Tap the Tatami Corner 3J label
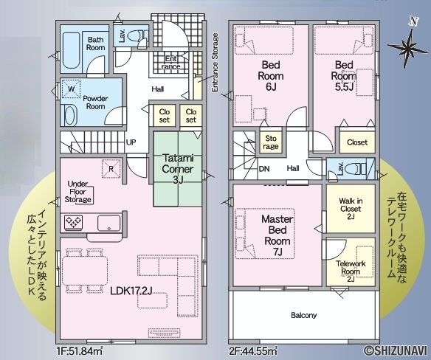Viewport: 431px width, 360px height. pyautogui.click(x=178, y=169)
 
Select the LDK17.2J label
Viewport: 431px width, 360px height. pyautogui.click(x=131, y=291)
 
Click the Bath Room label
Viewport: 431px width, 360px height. pyautogui.click(x=96, y=44)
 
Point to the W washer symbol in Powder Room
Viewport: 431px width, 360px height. pyautogui.click(x=71, y=89)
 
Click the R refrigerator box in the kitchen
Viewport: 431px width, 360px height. pyautogui.click(x=111, y=168)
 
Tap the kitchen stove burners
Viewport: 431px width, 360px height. pyautogui.click(x=73, y=222)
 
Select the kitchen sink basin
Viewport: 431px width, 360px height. pyautogui.click(x=108, y=223)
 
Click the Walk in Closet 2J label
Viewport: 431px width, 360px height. pyautogui.click(x=351, y=209)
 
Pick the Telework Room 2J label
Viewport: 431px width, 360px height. pyautogui.click(x=351, y=271)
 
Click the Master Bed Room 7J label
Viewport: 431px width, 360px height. pyautogui.click(x=277, y=235)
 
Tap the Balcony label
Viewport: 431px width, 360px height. pyautogui.click(x=304, y=315)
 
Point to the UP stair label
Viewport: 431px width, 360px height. pyautogui.click(x=131, y=142)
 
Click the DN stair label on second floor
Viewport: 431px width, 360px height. pyautogui.click(x=264, y=168)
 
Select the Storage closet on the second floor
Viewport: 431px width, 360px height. pyautogui.click(x=270, y=142)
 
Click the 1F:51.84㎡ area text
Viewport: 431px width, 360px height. pyautogui.click(x=80, y=351)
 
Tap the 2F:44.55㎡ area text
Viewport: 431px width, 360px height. pyautogui.click(x=253, y=351)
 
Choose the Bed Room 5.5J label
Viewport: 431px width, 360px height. pyautogui.click(x=344, y=76)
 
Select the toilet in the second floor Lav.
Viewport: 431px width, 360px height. pyautogui.click(x=355, y=167)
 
